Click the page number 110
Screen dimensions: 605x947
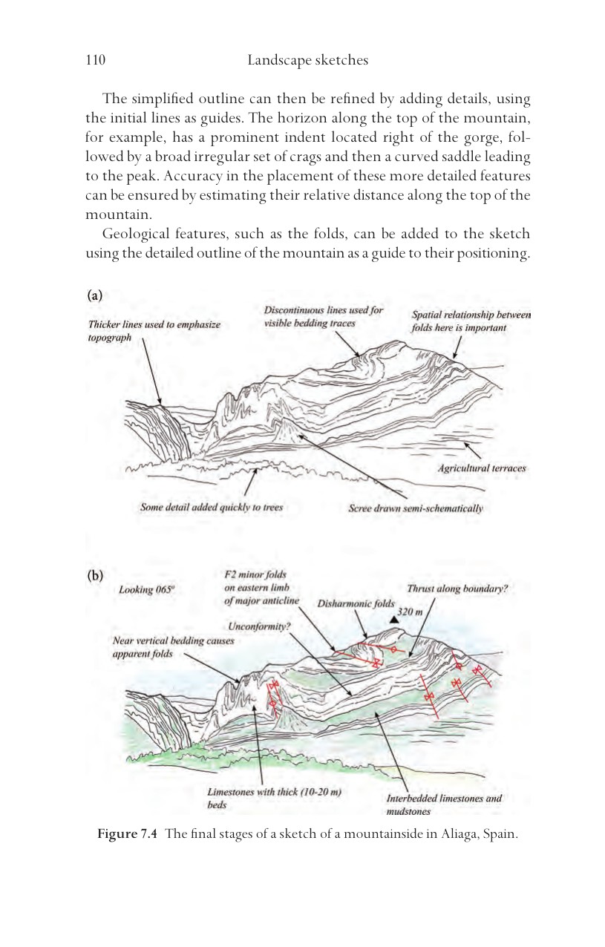pos(96,59)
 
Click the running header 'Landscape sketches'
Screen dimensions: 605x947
pos(308,60)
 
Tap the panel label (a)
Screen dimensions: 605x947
pos(95,295)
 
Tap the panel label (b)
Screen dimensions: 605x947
pos(95,575)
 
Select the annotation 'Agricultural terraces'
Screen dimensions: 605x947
pos(482,468)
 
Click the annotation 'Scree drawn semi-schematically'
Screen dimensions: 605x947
pos(416,508)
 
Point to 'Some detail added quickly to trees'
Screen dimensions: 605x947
pos(212,508)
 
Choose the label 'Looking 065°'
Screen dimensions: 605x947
pos(146,590)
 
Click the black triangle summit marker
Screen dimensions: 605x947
pos(394,620)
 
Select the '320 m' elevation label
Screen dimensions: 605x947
pos(410,612)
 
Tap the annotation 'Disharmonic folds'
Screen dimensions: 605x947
pos(356,603)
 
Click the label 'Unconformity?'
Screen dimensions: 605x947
pos(259,626)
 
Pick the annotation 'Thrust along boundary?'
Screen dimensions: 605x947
pos(457,589)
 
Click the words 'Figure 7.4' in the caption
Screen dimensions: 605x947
pos(127,834)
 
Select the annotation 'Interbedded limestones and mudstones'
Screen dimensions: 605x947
pos(444,805)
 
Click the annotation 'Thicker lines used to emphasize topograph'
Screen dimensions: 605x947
pos(154,331)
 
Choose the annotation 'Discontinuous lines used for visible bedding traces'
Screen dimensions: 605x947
pos(324,317)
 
